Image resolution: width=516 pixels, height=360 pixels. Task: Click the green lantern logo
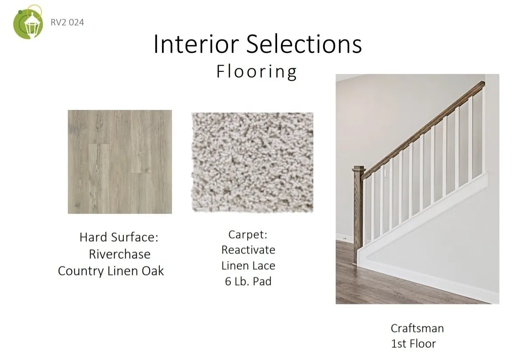click(28, 22)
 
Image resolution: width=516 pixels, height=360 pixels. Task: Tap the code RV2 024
click(67, 22)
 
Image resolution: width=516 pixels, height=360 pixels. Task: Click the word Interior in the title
click(196, 44)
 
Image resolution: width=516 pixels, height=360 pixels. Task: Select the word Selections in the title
click(304, 44)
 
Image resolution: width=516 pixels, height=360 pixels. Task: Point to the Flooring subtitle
click(256, 71)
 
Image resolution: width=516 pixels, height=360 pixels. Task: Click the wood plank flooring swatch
click(120, 162)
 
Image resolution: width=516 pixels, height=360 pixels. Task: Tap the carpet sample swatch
click(253, 162)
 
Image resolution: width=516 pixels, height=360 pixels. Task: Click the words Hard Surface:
click(119, 237)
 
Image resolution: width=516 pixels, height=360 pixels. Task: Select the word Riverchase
click(120, 254)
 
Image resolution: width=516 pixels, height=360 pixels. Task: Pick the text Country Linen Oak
click(111, 271)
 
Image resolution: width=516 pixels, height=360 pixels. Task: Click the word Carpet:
click(248, 234)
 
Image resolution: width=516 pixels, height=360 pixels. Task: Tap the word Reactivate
click(248, 250)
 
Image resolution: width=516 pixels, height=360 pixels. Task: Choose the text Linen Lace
click(248, 265)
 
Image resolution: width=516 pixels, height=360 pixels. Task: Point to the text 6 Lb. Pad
click(248, 281)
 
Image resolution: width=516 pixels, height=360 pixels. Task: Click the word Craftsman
click(417, 328)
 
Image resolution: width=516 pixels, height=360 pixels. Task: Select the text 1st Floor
click(413, 344)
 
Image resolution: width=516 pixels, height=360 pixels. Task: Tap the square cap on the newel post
click(359, 168)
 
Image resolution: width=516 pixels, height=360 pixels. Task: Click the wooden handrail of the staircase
click(423, 130)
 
